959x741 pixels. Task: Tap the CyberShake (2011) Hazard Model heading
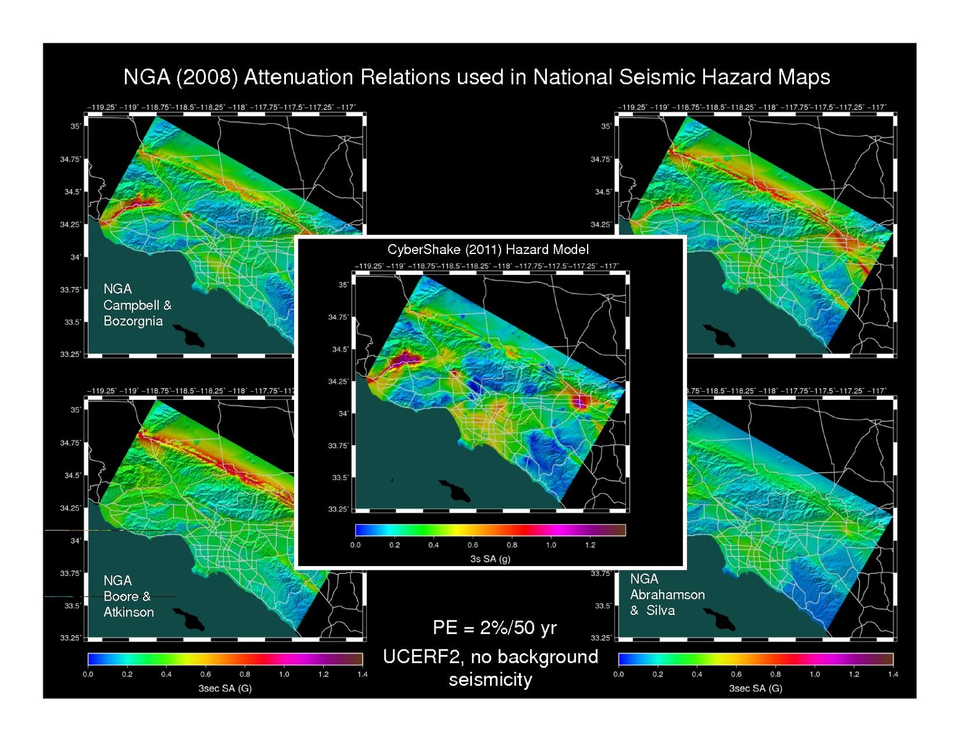[488, 249]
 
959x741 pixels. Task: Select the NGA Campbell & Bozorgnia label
[137, 305]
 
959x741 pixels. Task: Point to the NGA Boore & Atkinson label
[129, 596]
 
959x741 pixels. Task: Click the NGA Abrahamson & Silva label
[667, 595]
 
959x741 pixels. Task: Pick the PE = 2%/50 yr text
[494, 628]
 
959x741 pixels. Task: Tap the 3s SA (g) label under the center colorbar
[490, 559]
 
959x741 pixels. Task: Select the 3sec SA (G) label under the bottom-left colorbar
[225, 688]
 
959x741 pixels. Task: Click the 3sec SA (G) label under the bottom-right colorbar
[755, 688]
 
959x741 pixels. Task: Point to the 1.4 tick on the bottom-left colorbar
[362, 674]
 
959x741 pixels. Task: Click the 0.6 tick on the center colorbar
[473, 545]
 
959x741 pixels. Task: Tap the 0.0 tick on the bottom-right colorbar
[619, 674]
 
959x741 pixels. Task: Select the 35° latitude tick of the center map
[343, 285]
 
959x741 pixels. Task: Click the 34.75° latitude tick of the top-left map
[70, 159]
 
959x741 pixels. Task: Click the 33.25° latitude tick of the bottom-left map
[70, 638]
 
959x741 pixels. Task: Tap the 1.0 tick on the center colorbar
[551, 545]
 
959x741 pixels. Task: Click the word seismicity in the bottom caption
[490, 680]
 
